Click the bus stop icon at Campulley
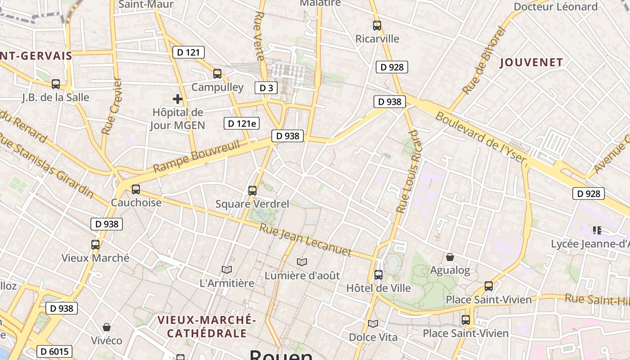217,74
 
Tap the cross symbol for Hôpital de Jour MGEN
178,99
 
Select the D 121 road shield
189,53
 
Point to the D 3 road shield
266,88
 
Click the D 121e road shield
242,123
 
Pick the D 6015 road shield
54,351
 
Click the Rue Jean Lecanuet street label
305,240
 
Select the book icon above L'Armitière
227,270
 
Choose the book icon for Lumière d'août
302,262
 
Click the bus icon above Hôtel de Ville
378,274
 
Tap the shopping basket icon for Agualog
450,257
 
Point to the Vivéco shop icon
107,327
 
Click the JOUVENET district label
531,63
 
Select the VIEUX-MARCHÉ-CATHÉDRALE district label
207,327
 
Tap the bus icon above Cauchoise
136,189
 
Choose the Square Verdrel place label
252,204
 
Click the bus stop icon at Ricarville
377,26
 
